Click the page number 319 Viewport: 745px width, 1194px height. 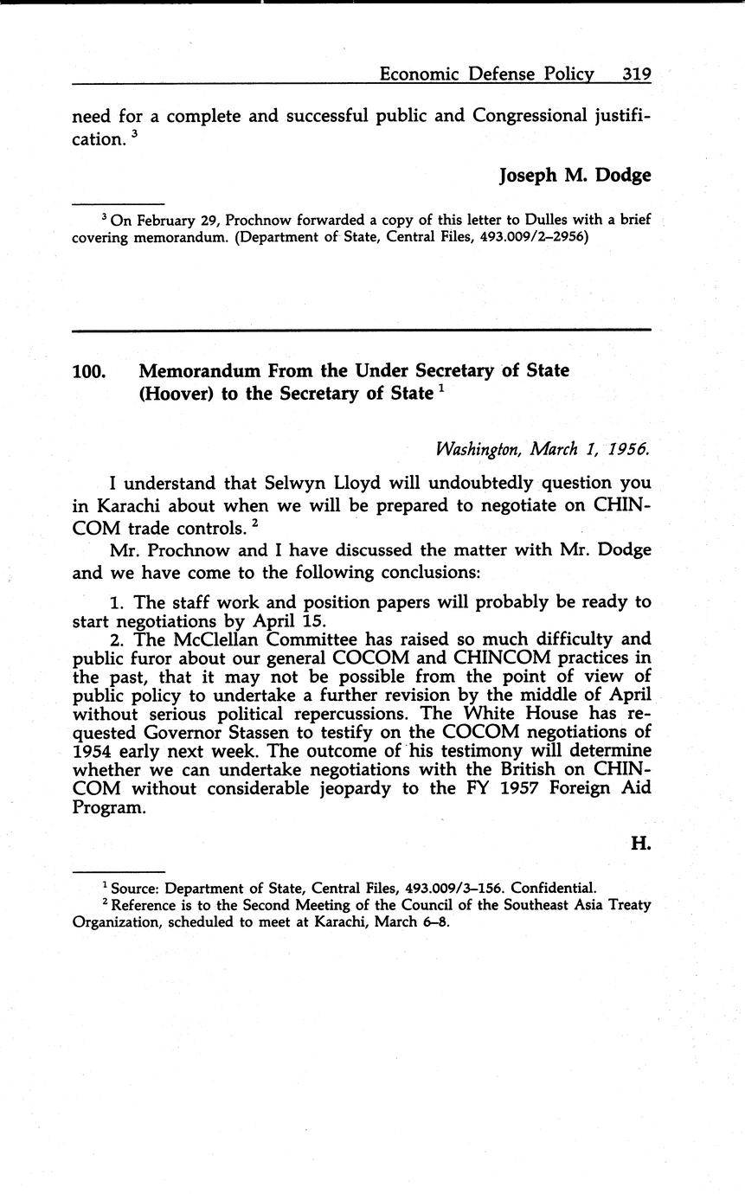(x=636, y=75)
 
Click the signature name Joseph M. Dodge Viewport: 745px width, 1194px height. (x=575, y=175)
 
